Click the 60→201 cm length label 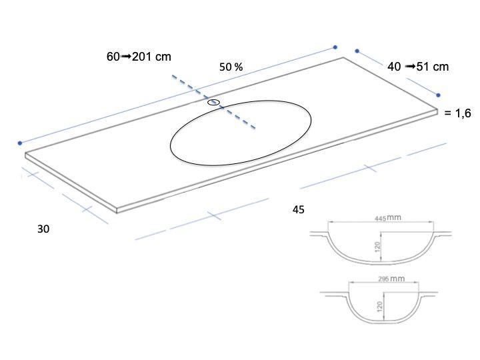pyautogui.click(x=139, y=57)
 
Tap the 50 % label pyautogui.click(x=231, y=67)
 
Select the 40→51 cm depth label pyautogui.click(x=418, y=67)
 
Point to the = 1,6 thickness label pyautogui.click(x=457, y=113)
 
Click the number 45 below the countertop pyautogui.click(x=299, y=210)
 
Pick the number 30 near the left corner pyautogui.click(x=43, y=229)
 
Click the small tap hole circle pyautogui.click(x=214, y=102)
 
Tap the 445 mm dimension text pyautogui.click(x=388, y=218)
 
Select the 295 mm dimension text pyautogui.click(x=391, y=279)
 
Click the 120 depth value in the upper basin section pyautogui.click(x=377, y=247)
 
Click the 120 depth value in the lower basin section pyautogui.click(x=380, y=307)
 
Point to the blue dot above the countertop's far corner pyautogui.click(x=335, y=47)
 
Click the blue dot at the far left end pyautogui.click(x=20, y=143)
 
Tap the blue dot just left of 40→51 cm pyautogui.click(x=357, y=51)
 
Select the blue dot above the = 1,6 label pyautogui.click(x=438, y=95)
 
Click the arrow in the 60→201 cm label pyautogui.click(x=126, y=57)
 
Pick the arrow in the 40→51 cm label pyautogui.click(x=410, y=67)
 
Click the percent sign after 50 pyautogui.click(x=239, y=67)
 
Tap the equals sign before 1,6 pyautogui.click(x=448, y=113)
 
